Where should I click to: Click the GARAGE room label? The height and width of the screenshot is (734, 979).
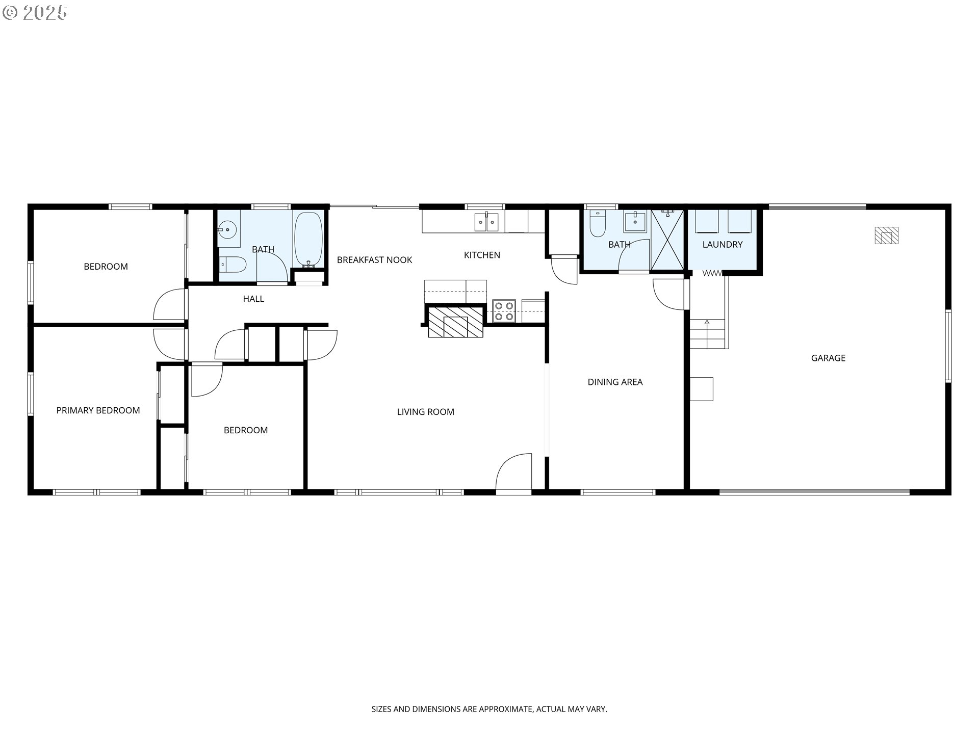pyautogui.click(x=828, y=358)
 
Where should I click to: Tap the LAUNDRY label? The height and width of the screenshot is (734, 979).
pyautogui.click(x=722, y=245)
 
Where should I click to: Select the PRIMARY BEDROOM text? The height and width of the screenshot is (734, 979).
pyautogui.click(x=98, y=410)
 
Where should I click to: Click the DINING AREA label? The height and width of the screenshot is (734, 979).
pyautogui.click(x=615, y=382)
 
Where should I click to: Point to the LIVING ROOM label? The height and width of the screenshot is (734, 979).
pyautogui.click(x=425, y=412)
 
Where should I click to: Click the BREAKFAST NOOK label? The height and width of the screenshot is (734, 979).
pyautogui.click(x=374, y=260)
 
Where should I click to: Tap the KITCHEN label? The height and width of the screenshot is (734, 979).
pyautogui.click(x=482, y=255)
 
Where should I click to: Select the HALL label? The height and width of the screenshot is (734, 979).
pyautogui.click(x=253, y=299)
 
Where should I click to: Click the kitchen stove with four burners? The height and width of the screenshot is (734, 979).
pyautogui.click(x=504, y=311)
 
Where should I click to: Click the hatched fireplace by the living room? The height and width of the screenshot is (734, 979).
pyautogui.click(x=455, y=322)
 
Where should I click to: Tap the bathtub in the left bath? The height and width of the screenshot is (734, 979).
pyautogui.click(x=308, y=238)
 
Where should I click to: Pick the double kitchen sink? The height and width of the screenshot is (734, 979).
pyautogui.click(x=486, y=222)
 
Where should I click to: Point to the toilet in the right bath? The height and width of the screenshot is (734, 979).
pyautogui.click(x=597, y=224)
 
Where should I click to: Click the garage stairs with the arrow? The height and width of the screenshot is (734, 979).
pyautogui.click(x=707, y=334)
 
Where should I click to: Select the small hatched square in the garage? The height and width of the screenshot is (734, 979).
pyautogui.click(x=886, y=235)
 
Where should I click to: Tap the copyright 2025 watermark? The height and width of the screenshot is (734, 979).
pyautogui.click(x=35, y=12)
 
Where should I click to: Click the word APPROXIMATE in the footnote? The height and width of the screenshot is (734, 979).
pyautogui.click(x=508, y=709)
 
